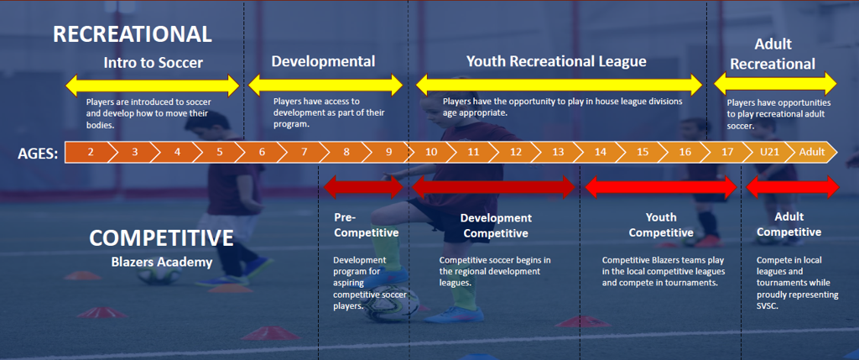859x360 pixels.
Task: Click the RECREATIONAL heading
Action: (x=132, y=34)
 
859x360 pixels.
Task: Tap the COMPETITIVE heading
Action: (x=161, y=238)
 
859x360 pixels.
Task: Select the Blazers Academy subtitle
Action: (x=161, y=262)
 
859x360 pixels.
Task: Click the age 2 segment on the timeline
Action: (x=90, y=152)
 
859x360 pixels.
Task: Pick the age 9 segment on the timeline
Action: (x=388, y=152)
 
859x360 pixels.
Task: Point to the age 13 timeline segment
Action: (x=558, y=152)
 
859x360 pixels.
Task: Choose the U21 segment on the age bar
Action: (x=769, y=152)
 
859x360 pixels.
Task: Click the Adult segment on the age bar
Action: (x=811, y=152)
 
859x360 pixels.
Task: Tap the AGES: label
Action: (x=38, y=153)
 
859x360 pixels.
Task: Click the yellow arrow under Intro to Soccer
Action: (x=154, y=85)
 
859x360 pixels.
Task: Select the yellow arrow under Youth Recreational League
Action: (x=559, y=85)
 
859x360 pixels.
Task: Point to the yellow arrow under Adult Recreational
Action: (x=775, y=83)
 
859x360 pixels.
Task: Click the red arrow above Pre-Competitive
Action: (x=363, y=186)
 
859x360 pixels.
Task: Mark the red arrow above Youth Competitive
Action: (x=660, y=187)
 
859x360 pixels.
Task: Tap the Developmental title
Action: (x=323, y=61)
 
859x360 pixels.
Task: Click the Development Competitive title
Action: (x=497, y=226)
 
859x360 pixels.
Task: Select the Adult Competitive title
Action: (x=788, y=224)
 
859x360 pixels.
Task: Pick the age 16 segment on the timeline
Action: (x=685, y=152)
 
